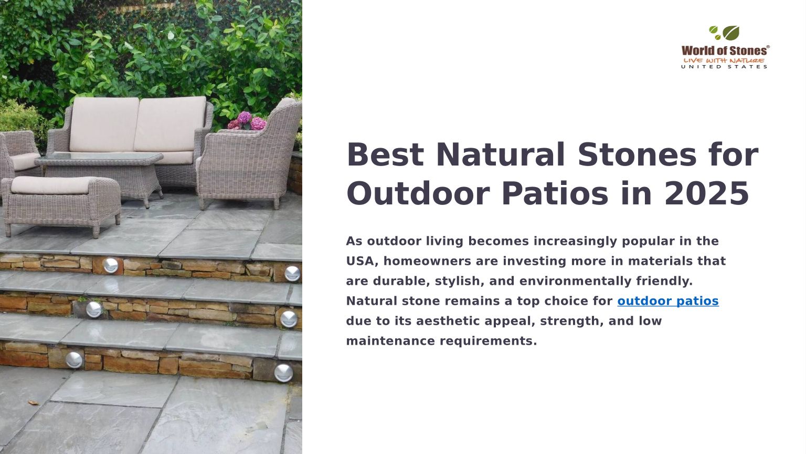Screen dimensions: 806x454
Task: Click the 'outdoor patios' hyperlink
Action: coord(668,301)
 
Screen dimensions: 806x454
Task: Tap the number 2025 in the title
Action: coord(707,193)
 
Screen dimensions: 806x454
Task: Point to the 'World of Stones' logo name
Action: coord(725,50)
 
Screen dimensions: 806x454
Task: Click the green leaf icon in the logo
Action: coord(730,33)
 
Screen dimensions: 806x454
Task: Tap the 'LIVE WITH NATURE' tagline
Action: coord(724,60)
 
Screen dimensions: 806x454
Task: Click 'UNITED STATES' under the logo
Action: coord(724,67)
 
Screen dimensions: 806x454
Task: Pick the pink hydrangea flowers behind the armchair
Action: coord(247,121)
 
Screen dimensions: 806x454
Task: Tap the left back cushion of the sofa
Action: coord(104,125)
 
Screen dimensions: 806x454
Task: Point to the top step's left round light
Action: coord(111,265)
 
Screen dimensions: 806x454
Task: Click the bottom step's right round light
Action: coord(283,373)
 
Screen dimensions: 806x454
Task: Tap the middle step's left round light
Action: coord(93,309)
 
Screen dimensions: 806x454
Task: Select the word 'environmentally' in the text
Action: coord(575,281)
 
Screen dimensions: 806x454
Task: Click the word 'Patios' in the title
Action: coord(555,193)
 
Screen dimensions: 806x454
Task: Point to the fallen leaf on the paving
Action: coord(34,403)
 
